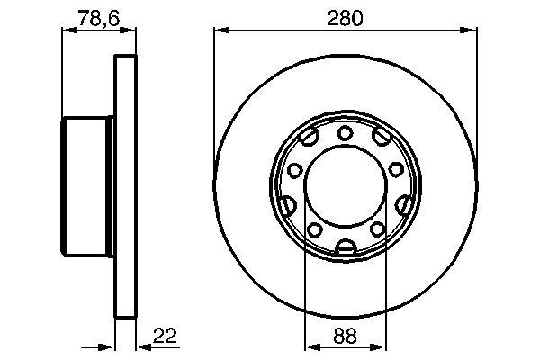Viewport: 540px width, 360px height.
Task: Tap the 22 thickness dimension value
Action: [164, 336]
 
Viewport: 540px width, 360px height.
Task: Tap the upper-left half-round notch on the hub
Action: [309, 138]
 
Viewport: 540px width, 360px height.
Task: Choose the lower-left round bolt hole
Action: [315, 230]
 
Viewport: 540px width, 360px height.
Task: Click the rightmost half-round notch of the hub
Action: [405, 205]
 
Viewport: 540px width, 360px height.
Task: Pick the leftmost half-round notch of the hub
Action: [285, 205]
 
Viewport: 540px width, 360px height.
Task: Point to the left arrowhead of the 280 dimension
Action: [219, 31]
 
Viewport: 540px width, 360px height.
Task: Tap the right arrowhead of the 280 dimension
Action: [471, 31]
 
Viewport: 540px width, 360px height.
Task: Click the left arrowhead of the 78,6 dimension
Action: [65, 31]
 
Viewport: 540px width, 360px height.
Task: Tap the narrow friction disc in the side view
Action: [126, 186]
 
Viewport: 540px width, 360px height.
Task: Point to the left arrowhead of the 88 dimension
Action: [310, 346]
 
